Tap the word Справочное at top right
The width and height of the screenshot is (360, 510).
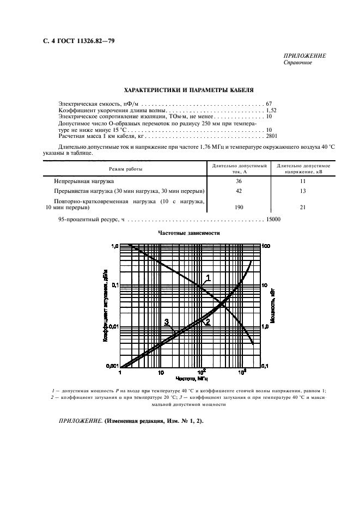(x=297, y=63)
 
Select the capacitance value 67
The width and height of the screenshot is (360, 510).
(x=269, y=103)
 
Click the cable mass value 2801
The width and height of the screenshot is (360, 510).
(x=272, y=136)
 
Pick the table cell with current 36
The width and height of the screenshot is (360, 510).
(x=238, y=181)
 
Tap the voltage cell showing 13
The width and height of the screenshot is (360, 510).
(x=303, y=191)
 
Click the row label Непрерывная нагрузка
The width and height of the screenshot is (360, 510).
(x=83, y=181)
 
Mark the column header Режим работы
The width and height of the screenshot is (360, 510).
(x=125, y=169)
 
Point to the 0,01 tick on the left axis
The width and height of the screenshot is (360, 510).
(x=111, y=326)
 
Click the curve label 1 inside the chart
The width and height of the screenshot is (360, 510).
(x=208, y=278)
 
